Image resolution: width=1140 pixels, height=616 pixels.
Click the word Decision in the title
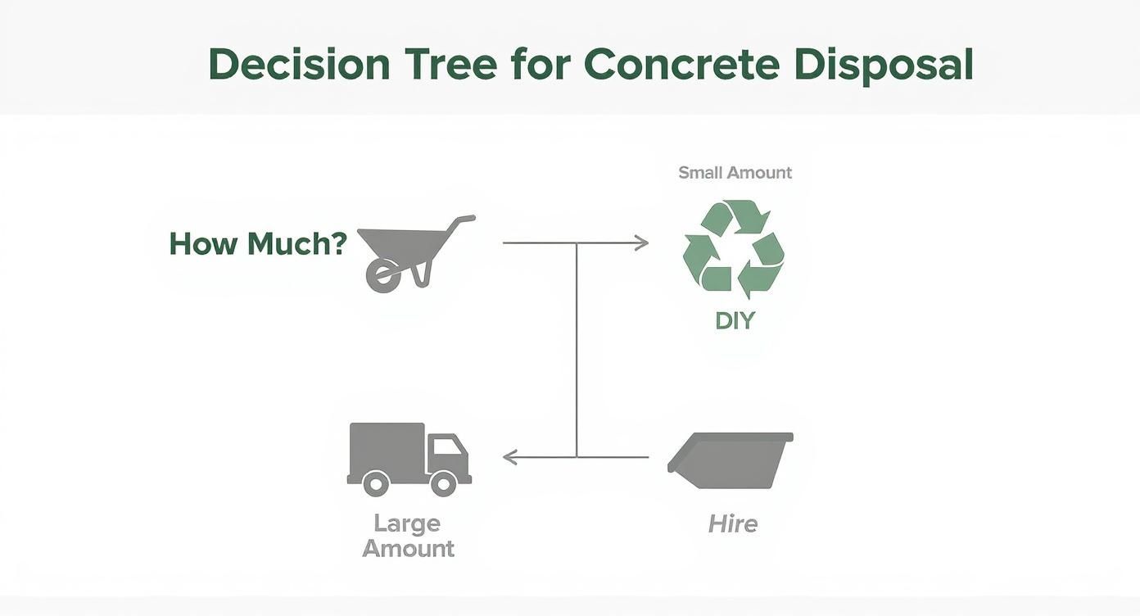[x=299, y=65]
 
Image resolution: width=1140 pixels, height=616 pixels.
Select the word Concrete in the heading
[x=681, y=65]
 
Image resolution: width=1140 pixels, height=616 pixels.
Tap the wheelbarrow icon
[x=409, y=250]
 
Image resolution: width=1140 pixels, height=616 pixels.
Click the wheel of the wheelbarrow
[x=383, y=276]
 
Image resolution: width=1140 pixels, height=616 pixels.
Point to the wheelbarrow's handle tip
[x=469, y=219]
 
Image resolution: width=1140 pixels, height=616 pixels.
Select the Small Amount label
[x=735, y=173]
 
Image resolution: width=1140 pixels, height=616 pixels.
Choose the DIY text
[x=735, y=320]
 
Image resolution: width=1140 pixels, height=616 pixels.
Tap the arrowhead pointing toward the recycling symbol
[x=642, y=242]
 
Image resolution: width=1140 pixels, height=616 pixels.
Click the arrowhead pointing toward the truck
[x=509, y=457]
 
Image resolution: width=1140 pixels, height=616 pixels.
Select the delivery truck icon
[x=408, y=459]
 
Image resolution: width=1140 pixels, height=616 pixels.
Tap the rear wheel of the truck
[x=376, y=483]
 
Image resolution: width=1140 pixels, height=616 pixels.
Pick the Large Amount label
[x=408, y=536]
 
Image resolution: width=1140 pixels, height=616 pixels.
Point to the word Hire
[x=733, y=523]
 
